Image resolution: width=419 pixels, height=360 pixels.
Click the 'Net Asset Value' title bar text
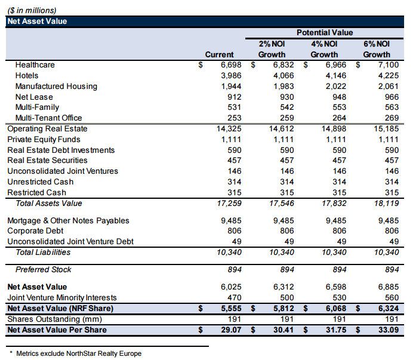point(37,21)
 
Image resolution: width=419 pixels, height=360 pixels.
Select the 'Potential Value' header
point(324,33)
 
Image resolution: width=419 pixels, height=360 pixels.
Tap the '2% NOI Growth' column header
point(272,48)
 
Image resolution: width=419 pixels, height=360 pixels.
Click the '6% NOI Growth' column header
point(377,48)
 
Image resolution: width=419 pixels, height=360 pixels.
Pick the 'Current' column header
point(219,54)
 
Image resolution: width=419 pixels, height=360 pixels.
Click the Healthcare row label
point(35,65)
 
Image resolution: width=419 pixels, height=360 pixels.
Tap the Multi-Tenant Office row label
point(48,118)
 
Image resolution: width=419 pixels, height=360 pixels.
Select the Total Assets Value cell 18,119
point(386,204)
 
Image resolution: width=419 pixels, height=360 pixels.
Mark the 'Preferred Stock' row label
point(43,270)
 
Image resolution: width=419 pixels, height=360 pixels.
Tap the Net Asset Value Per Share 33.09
point(387,330)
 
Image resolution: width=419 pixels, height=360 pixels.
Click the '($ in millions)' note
point(32,10)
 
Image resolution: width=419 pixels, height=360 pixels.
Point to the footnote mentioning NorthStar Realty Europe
point(78,353)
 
